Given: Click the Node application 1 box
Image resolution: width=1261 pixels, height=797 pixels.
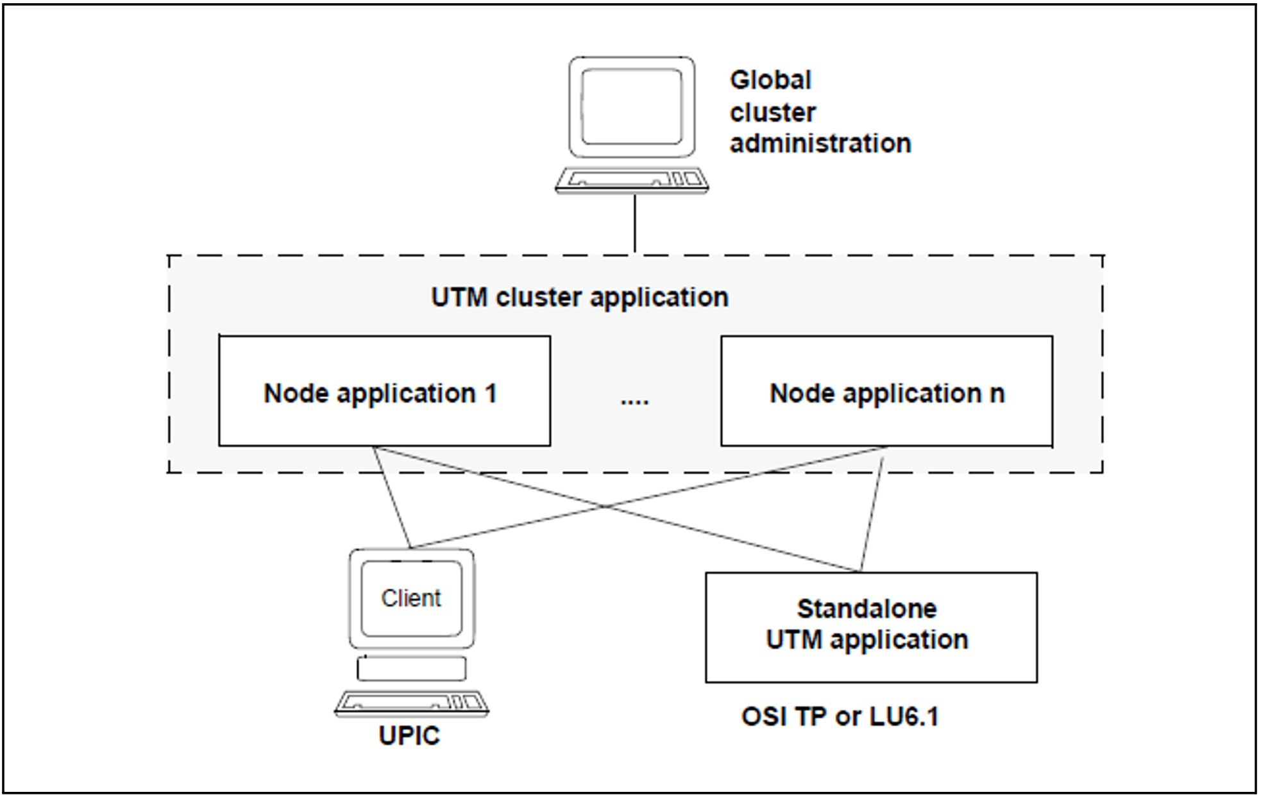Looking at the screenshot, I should click(x=384, y=391).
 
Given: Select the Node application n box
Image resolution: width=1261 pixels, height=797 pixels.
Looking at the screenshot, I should click(x=886, y=391).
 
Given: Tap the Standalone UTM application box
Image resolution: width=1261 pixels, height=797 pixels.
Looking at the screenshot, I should click(x=870, y=626).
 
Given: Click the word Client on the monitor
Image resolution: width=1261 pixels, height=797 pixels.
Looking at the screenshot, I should click(x=411, y=598).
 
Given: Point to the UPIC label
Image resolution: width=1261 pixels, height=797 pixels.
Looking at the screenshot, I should click(x=409, y=736).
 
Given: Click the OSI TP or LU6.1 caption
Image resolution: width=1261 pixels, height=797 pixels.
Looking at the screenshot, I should click(x=840, y=716).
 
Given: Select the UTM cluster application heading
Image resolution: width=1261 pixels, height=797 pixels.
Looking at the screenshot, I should click(x=579, y=298).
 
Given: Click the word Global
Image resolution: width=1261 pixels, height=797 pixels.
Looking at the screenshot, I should click(x=770, y=80).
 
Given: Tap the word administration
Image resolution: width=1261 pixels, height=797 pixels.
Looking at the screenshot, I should click(x=820, y=143).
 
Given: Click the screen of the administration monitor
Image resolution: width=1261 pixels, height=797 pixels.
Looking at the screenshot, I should click(x=632, y=106).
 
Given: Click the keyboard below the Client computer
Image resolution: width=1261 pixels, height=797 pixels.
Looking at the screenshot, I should click(x=411, y=703).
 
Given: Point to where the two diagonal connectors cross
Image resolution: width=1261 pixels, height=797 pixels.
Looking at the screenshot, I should click(x=605, y=506).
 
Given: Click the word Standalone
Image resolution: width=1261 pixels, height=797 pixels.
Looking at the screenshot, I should click(x=867, y=608).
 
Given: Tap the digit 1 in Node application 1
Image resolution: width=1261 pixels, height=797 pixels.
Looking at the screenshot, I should click(x=491, y=393).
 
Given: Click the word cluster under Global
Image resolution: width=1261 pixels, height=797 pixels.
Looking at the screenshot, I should click(x=773, y=112).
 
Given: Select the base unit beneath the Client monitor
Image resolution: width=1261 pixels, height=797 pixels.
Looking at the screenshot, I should click(x=411, y=669).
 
